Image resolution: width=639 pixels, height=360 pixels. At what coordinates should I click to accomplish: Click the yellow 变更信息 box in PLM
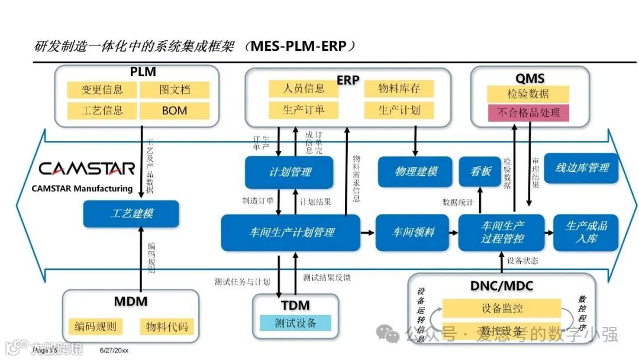tap(102, 90)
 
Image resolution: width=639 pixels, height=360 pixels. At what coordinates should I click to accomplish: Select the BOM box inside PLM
tap(174, 110)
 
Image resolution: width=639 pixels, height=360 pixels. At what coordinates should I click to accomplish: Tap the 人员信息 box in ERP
tap(304, 89)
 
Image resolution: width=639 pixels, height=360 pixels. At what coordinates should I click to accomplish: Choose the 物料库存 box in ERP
tap(399, 89)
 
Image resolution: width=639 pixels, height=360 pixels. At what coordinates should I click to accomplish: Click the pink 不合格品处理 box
tap(528, 112)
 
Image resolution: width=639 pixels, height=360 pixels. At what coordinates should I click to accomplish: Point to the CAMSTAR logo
tap(87, 169)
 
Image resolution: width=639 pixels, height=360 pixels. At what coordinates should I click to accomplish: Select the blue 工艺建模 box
tap(131, 214)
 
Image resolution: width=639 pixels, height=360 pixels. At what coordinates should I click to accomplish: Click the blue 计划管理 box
tap(289, 172)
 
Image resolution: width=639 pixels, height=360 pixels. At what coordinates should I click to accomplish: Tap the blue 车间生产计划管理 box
tap(291, 232)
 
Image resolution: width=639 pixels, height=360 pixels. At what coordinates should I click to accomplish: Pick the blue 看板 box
tap(480, 172)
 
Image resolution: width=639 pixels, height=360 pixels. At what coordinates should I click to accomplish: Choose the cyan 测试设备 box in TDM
tap(295, 323)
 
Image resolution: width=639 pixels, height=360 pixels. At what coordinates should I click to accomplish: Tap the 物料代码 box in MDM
tap(166, 326)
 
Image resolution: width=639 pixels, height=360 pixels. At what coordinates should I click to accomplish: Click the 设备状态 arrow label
tap(523, 261)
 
